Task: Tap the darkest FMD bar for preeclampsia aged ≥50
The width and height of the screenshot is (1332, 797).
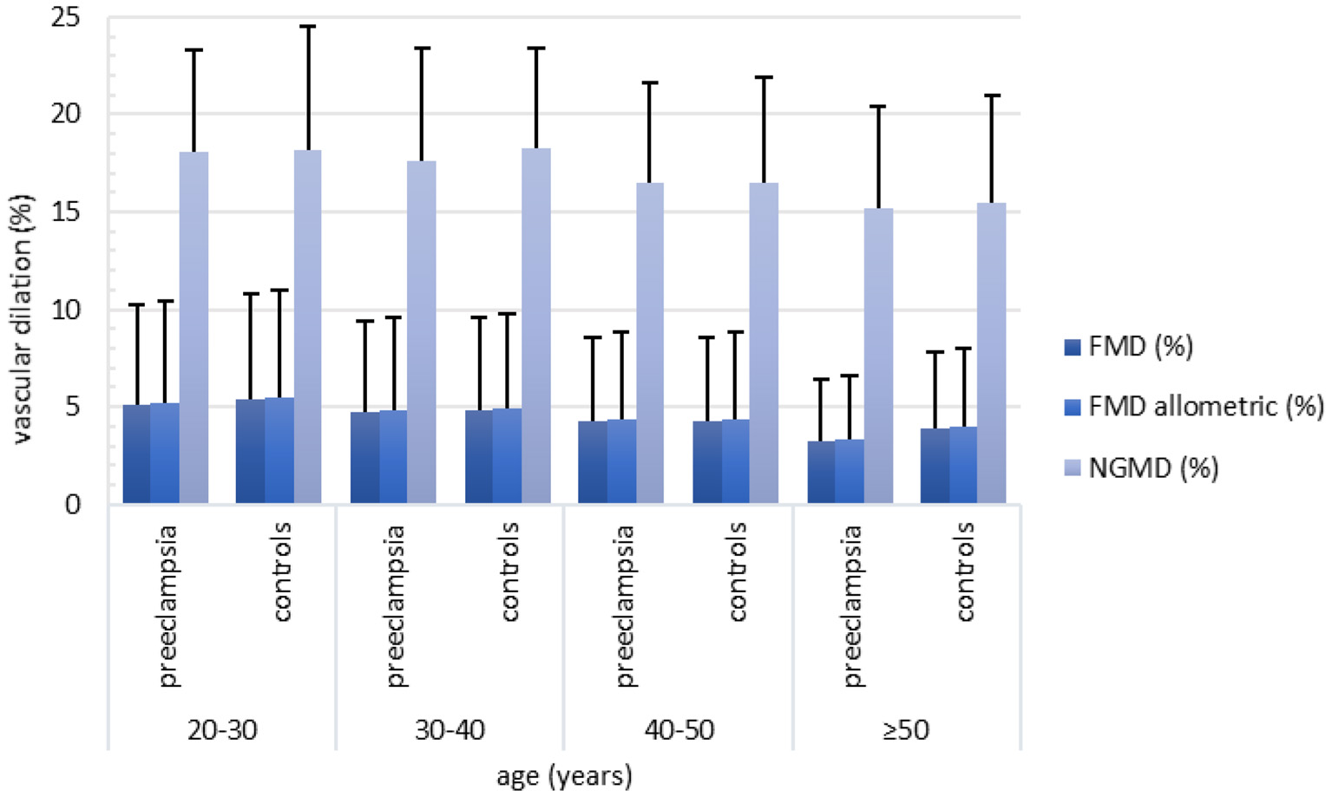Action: [821, 472]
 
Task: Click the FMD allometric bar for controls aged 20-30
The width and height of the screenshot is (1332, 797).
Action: [279, 450]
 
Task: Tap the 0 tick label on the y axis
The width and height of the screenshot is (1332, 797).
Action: [73, 504]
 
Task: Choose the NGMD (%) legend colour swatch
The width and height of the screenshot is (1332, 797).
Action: [1073, 468]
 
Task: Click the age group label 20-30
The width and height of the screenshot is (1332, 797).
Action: [222, 730]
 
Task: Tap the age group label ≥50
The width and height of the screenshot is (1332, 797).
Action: [906, 730]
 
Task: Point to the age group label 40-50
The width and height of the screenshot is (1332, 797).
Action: [679, 730]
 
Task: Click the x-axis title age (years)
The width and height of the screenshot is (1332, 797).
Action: [564, 775]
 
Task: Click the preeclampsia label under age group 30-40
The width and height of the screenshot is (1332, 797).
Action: [395, 605]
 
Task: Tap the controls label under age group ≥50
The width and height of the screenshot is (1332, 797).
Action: [964, 572]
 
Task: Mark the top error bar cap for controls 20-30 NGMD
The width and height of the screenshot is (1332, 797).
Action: [307, 27]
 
